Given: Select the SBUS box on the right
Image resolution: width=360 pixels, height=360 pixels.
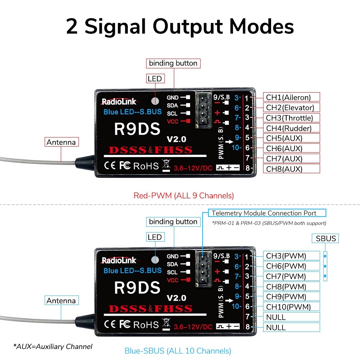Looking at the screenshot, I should click(x=326, y=238).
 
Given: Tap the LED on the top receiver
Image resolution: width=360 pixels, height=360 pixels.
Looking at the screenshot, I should click(x=155, y=101).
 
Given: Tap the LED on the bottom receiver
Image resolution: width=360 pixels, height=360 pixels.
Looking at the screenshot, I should click(x=155, y=260).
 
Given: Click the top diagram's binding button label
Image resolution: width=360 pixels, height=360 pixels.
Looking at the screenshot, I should click(x=173, y=63).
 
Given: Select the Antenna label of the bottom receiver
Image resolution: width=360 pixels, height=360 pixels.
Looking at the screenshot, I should click(x=61, y=301).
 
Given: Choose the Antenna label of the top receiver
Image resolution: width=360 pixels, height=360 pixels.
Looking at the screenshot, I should click(x=61, y=142).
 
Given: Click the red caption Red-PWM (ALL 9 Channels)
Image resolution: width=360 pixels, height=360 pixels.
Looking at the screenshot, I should click(x=184, y=196).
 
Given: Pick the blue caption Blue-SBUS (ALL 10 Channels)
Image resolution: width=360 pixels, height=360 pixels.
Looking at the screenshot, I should click(x=178, y=351).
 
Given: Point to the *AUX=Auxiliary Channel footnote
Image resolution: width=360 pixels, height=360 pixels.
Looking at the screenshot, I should click(x=53, y=347).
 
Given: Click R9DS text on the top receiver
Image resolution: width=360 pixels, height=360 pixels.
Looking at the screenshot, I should click(x=137, y=129).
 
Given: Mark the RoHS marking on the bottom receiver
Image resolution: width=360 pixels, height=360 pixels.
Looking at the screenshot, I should click(x=146, y=325).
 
